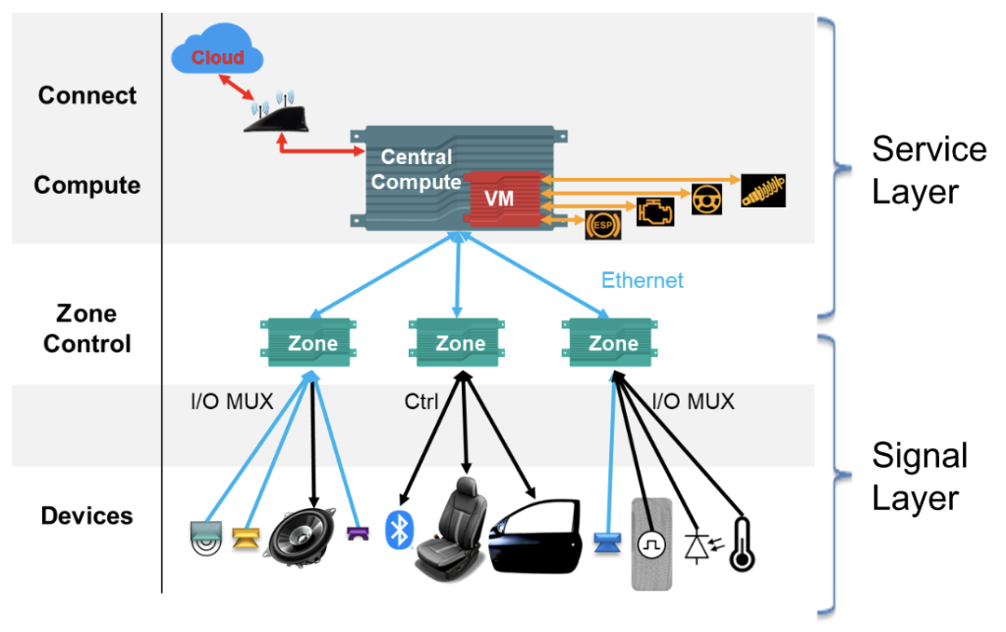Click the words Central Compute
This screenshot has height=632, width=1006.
[x=417, y=169]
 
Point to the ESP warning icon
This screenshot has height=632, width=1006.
[x=600, y=225]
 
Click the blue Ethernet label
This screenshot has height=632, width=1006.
[x=642, y=280]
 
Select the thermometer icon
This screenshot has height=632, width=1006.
[x=742, y=544]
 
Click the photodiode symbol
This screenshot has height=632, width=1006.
[x=699, y=545]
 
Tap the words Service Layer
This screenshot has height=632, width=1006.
[x=927, y=170]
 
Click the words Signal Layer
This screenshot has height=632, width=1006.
[x=920, y=477]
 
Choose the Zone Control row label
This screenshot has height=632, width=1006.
[x=87, y=328]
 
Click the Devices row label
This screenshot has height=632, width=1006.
[x=86, y=515]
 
